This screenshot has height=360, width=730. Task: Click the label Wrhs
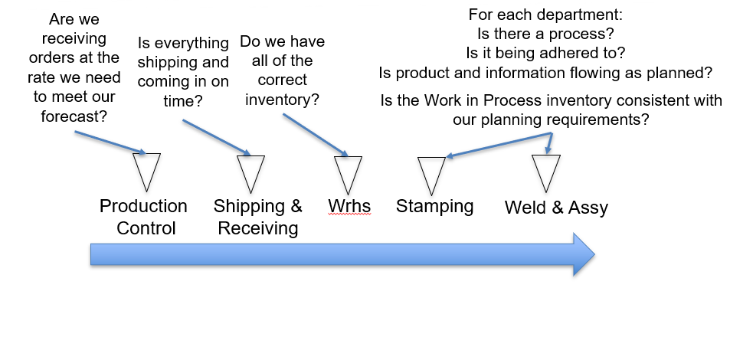[349, 206]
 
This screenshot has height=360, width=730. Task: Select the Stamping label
[434, 206]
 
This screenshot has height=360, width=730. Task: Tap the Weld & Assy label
[556, 208]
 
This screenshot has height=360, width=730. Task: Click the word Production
[143, 206]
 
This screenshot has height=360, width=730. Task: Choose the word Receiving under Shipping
[258, 228]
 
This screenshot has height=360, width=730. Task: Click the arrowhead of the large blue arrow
[584, 254]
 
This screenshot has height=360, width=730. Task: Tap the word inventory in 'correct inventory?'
[277, 100]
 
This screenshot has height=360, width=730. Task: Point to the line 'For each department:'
[545, 15]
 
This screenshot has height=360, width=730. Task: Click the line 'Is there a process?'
[545, 34]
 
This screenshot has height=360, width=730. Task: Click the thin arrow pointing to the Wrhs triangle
[315, 135]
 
